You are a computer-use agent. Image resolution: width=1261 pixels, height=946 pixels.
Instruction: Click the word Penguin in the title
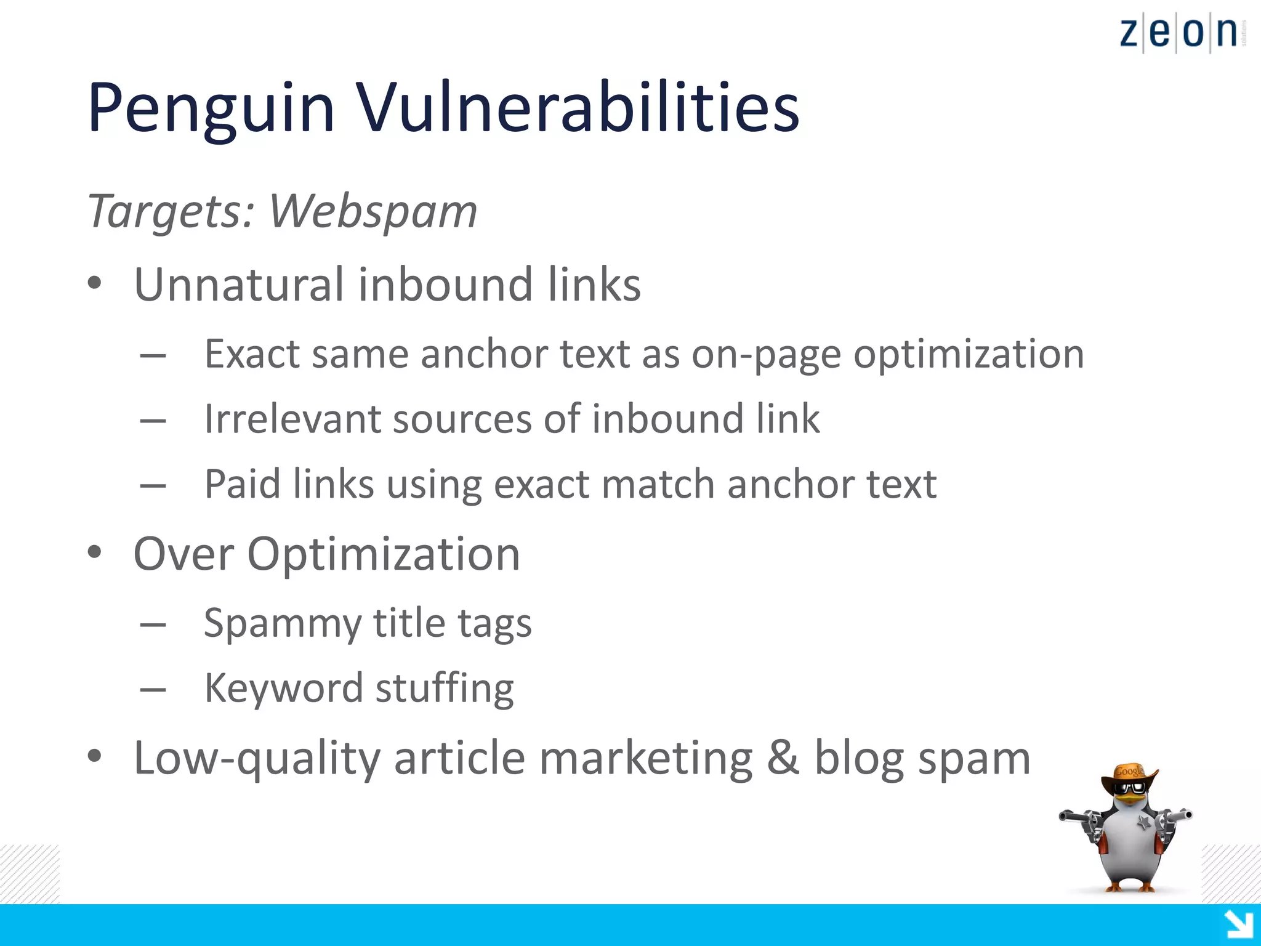[211, 110]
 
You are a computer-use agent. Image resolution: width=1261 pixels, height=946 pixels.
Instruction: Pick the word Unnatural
[240, 285]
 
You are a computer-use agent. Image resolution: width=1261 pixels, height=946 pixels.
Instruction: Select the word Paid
[242, 484]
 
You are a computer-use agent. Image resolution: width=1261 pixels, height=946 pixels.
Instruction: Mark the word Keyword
[283, 689]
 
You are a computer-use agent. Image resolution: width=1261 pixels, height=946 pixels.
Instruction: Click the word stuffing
[445, 689]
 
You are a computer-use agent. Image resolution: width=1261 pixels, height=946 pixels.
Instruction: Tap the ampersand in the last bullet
[783, 758]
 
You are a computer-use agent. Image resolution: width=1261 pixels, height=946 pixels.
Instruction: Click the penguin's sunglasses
[1131, 788]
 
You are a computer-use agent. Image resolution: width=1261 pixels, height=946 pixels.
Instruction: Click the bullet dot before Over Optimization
[94, 552]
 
